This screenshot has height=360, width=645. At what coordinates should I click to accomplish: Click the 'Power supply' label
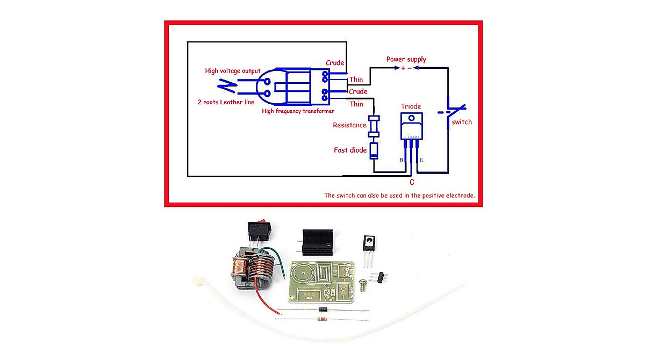click(406, 59)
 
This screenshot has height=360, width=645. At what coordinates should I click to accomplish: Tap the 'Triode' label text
click(411, 106)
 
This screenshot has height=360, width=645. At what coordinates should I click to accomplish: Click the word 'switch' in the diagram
click(462, 122)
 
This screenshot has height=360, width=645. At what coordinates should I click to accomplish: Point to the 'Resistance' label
click(349, 125)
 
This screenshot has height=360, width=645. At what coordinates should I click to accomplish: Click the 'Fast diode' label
click(350, 150)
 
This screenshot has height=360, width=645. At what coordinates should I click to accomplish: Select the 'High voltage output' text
click(232, 71)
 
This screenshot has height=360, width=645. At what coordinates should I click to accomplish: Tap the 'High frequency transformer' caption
click(298, 111)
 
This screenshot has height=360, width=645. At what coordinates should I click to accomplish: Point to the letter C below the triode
click(412, 182)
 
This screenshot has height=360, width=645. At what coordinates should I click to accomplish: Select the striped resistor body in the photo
click(322, 320)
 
